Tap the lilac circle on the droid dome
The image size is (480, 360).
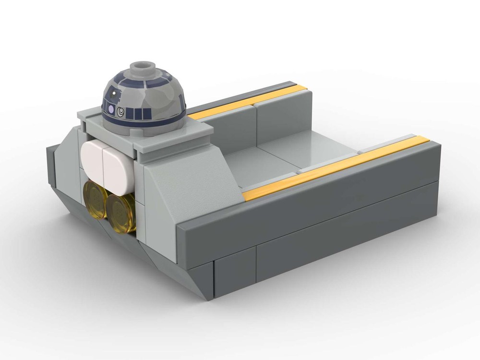coord(112,110)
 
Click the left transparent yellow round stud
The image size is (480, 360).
coord(96,200)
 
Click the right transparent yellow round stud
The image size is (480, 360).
coord(120,211)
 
